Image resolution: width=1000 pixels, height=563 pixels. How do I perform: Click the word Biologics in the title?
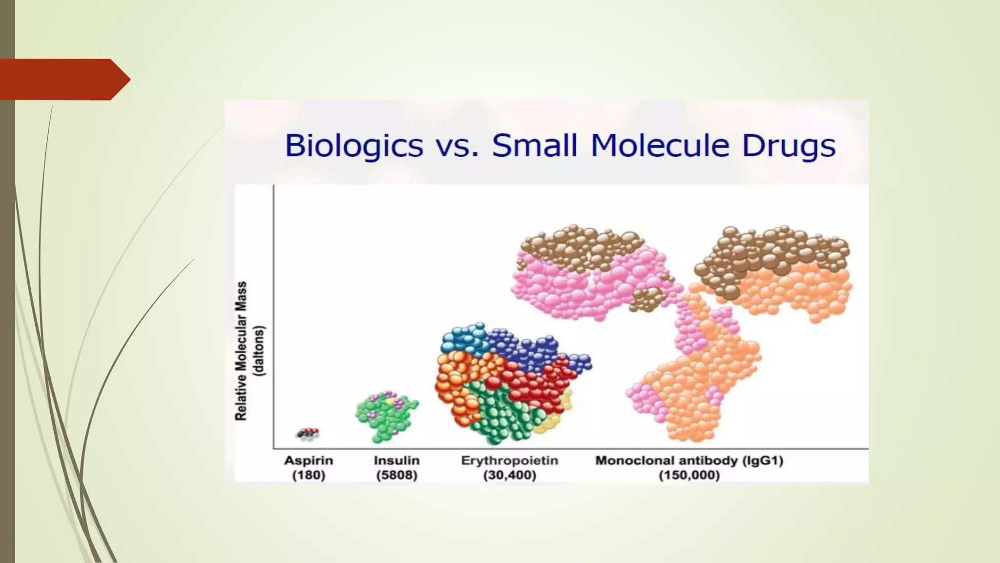(x=354, y=146)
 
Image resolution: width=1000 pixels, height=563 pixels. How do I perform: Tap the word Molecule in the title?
(x=660, y=146)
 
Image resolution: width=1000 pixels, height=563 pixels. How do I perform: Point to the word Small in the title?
(x=534, y=146)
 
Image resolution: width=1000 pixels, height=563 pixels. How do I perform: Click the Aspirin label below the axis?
(x=309, y=460)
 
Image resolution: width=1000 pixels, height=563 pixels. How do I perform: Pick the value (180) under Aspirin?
(x=309, y=475)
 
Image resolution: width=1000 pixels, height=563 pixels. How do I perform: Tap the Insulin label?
(x=396, y=460)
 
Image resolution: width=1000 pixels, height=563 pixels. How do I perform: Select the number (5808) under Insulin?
(x=396, y=475)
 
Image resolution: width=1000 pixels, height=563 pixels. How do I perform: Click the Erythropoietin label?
(x=509, y=460)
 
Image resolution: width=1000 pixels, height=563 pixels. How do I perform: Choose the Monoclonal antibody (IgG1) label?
(x=689, y=460)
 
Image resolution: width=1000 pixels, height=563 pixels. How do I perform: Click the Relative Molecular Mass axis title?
(x=241, y=351)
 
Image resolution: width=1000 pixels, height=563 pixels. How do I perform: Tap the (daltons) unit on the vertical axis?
(x=259, y=351)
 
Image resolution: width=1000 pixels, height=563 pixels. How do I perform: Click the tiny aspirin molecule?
(x=308, y=434)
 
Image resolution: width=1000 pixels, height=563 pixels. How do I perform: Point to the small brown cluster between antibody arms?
(x=647, y=299)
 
